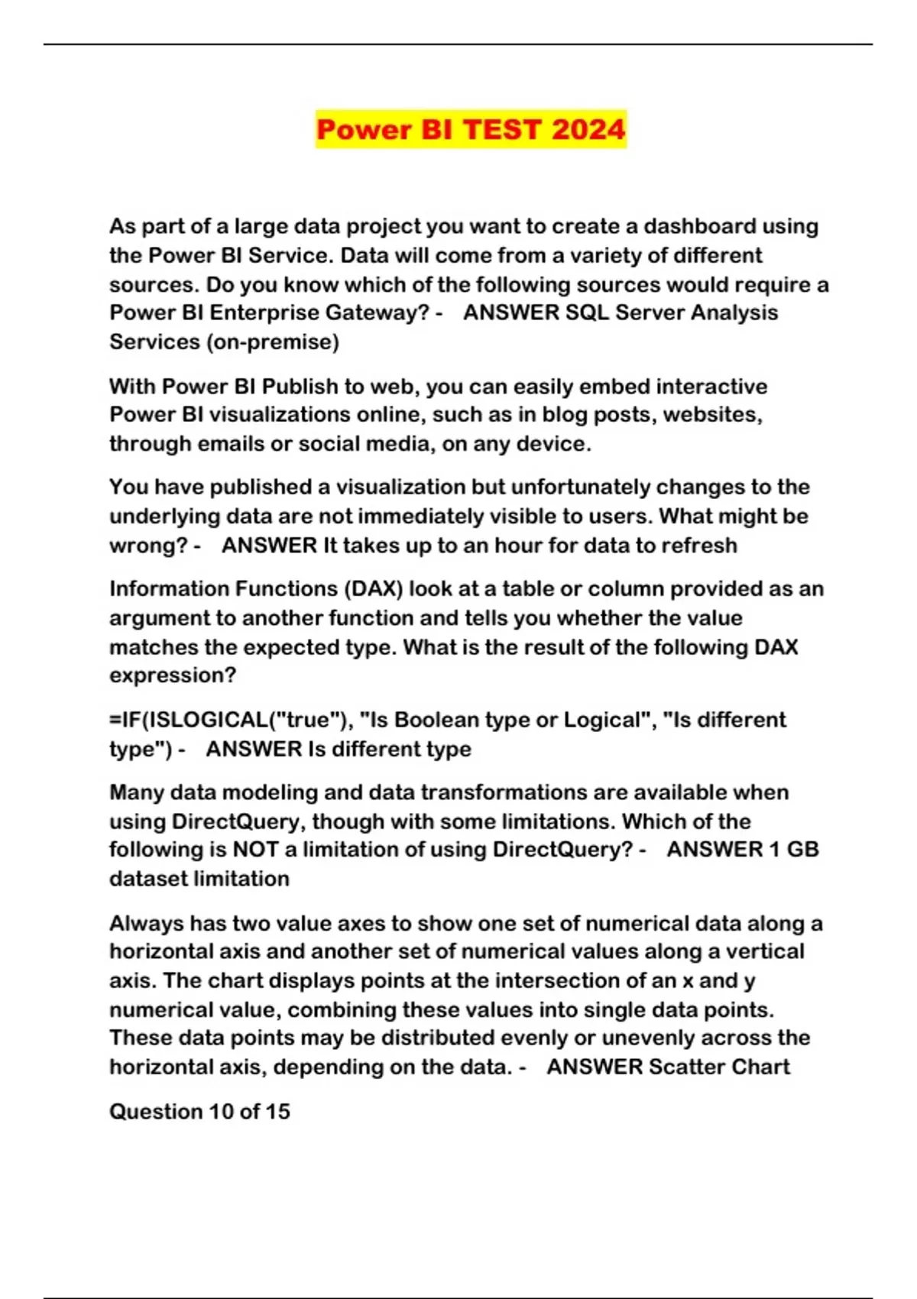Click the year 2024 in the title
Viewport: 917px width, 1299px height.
(x=588, y=129)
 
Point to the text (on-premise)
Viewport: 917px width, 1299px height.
(x=273, y=342)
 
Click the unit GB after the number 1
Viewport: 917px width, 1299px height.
(x=802, y=850)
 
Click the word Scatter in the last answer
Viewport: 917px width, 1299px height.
(x=686, y=1067)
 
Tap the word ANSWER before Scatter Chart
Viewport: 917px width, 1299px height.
(x=594, y=1067)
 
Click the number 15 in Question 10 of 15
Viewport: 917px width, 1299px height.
(x=277, y=1112)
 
